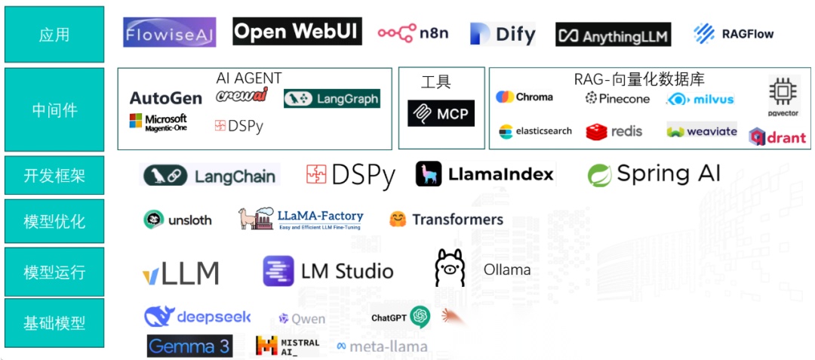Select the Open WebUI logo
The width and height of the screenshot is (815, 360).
297,32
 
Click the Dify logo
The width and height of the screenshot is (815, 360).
503,34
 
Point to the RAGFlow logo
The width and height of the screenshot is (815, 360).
733,33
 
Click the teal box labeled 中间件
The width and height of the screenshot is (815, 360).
54,110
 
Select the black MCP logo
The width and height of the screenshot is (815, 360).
441,113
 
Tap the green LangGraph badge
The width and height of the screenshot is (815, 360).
332,99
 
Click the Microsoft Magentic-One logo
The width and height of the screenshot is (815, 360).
158,122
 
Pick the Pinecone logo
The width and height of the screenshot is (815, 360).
617,98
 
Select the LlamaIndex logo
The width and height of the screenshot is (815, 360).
484,174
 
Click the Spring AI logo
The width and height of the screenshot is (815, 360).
654,174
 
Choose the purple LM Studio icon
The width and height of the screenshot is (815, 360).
278,271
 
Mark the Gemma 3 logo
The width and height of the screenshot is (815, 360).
189,346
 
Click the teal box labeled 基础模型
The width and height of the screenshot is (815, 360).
54,323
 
